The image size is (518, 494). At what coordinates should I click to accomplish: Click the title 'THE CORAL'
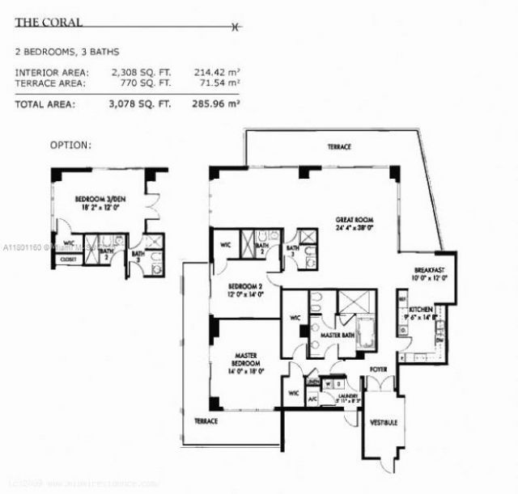[x=40, y=23]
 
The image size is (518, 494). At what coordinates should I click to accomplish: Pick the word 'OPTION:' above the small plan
[x=71, y=146]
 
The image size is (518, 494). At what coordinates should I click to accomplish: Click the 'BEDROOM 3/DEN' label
[x=98, y=199]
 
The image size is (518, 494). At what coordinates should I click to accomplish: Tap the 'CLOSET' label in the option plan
[x=67, y=260]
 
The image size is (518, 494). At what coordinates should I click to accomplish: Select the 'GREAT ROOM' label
[x=354, y=219]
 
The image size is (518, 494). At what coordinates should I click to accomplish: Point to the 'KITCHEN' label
[x=422, y=310]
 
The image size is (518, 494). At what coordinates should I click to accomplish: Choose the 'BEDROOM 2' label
[x=243, y=287]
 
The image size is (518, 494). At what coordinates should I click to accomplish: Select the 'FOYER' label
[x=378, y=373]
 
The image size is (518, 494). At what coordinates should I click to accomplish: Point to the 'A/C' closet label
[x=312, y=399]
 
